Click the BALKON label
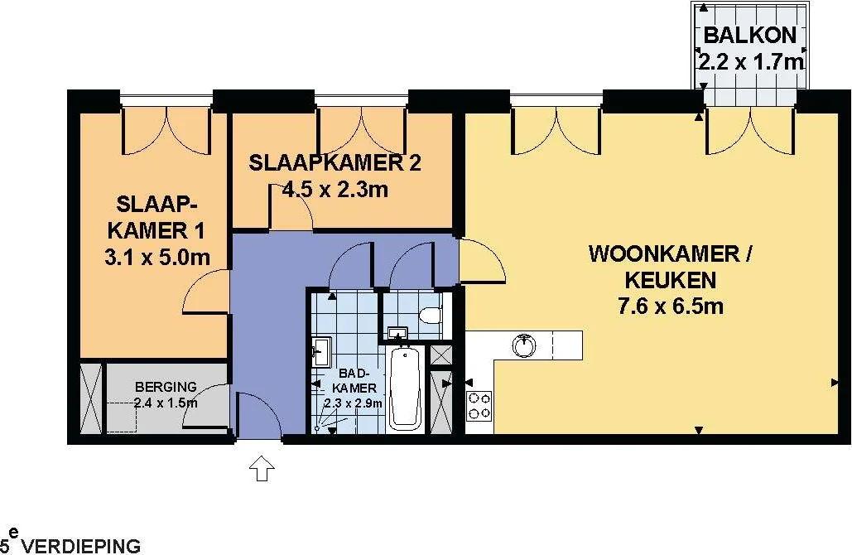click(750, 35)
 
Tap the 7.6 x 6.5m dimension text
click(671, 306)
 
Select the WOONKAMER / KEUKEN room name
click(670, 267)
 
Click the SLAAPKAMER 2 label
click(335, 163)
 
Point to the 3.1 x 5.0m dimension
click(157, 257)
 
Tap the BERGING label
click(166, 387)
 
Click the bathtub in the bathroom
click(405, 388)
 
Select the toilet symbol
click(433, 315)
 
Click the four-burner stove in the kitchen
click(479, 406)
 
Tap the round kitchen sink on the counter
click(524, 345)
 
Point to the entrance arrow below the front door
click(262, 468)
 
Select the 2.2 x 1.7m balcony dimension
click(750, 62)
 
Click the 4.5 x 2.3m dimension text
click(335, 190)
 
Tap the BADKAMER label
click(354, 380)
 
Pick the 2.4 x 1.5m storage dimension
click(166, 403)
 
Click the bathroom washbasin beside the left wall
click(321, 352)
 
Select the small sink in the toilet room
click(398, 333)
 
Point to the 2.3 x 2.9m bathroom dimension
click(354, 403)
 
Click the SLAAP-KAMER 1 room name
click(156, 217)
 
